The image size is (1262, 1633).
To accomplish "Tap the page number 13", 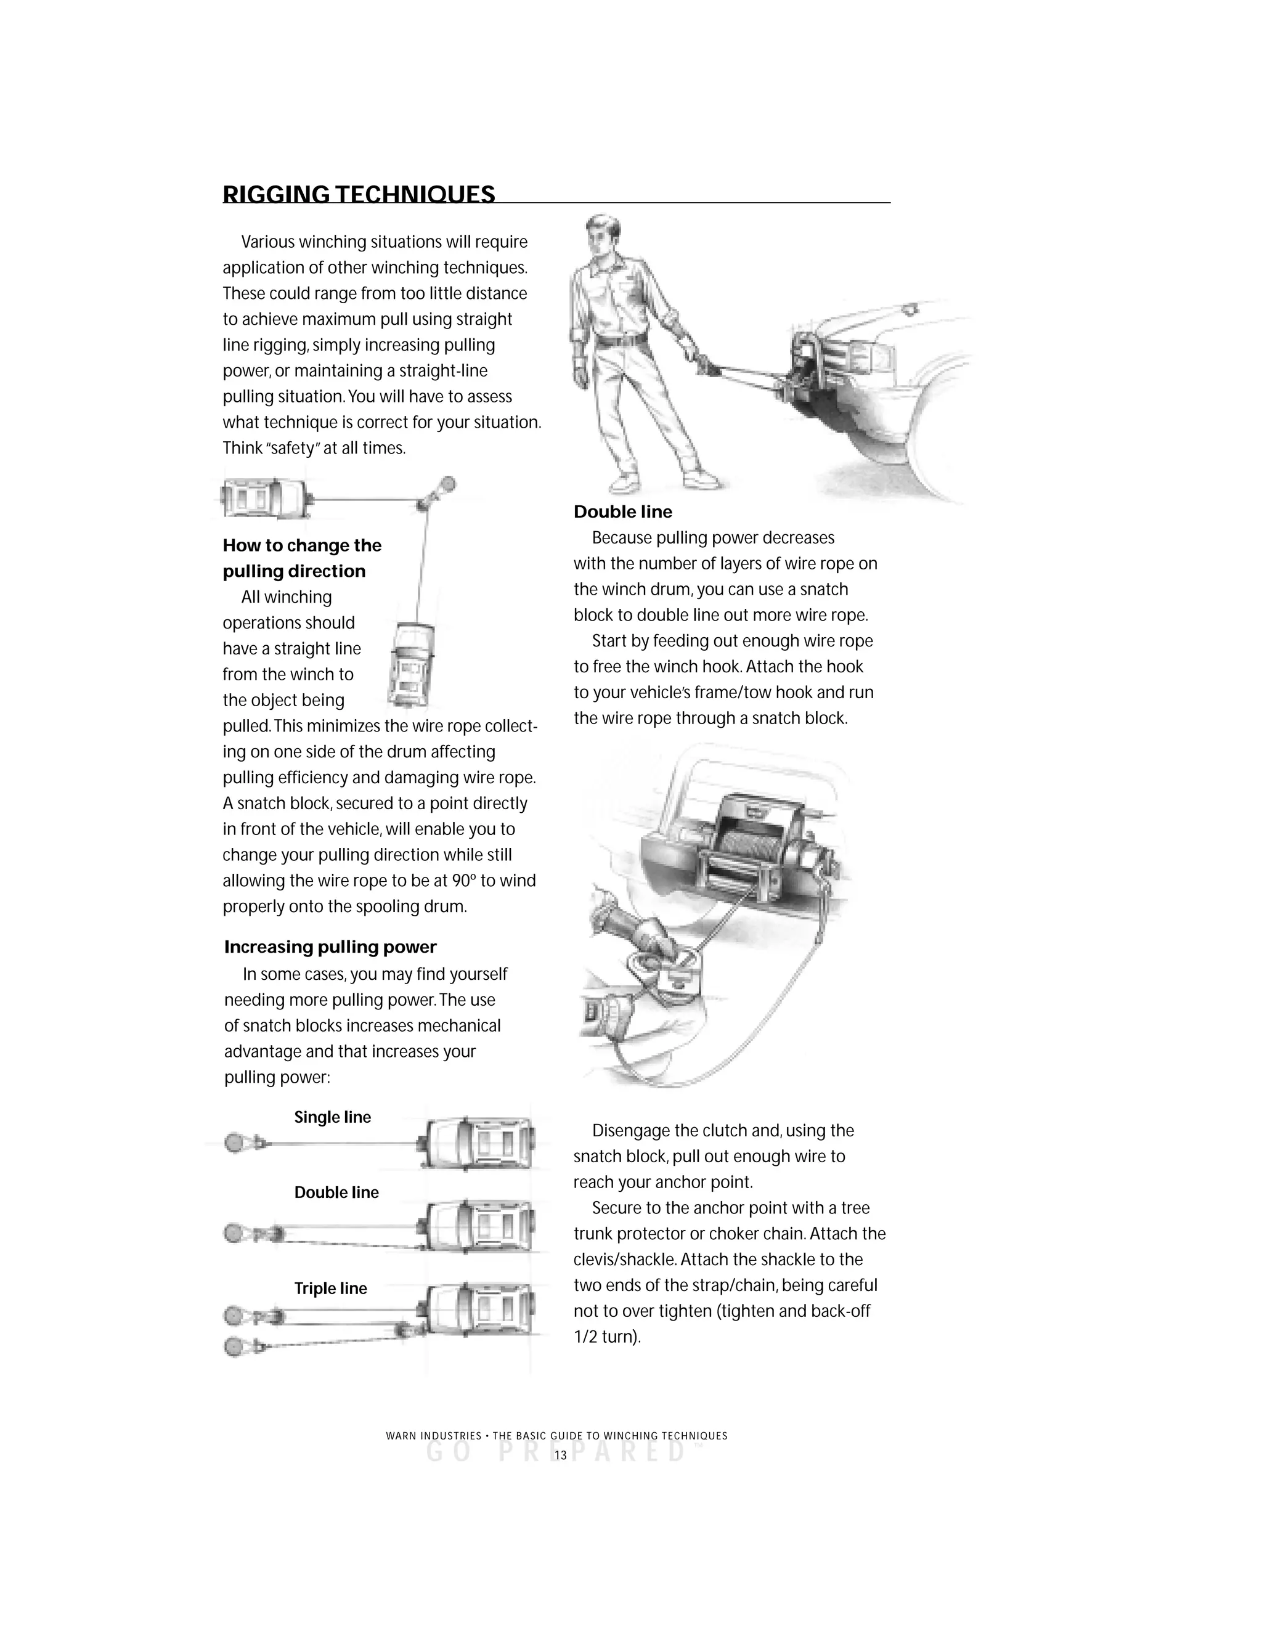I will coord(560,1455).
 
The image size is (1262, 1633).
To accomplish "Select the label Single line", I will coord(332,1117).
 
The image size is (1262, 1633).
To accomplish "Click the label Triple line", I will coord(330,1289).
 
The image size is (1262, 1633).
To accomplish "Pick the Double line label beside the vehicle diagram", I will coord(336,1192).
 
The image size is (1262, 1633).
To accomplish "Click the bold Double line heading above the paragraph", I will coord(623,512).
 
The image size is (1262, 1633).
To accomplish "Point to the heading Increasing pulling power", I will coord(330,947).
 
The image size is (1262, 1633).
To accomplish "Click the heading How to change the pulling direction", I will coord(302,558).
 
